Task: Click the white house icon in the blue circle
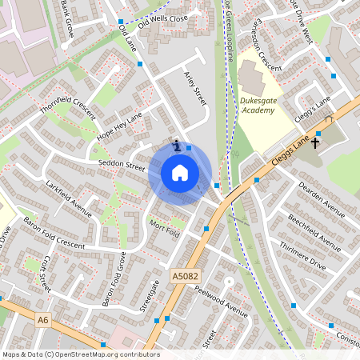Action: tap(180, 173)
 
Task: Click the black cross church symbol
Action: tap(315, 143)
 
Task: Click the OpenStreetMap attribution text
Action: tap(81, 354)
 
